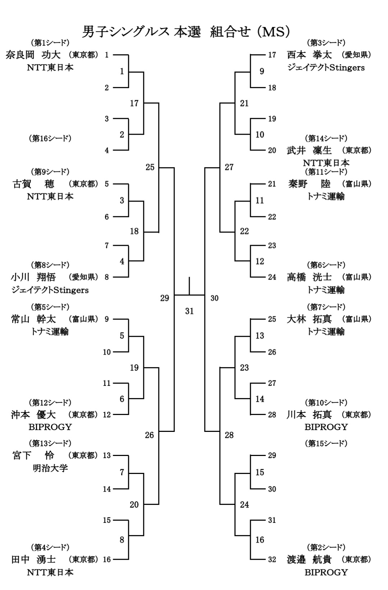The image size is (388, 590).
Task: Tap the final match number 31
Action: (189, 311)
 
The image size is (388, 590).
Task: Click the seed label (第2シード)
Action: (326, 547)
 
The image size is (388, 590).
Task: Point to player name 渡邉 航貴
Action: (309, 559)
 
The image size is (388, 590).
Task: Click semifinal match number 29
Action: (165, 298)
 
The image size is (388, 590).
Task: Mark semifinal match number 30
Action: (214, 298)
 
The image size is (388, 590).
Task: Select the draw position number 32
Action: (272, 559)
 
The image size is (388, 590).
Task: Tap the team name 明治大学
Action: (50, 468)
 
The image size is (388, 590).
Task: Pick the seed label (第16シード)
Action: (50, 138)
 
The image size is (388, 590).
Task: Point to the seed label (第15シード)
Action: (326, 443)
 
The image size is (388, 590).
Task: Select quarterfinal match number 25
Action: (150, 167)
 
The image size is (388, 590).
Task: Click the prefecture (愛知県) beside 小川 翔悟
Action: (83, 277)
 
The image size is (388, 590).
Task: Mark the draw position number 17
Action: (272, 55)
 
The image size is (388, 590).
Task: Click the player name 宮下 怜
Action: (33, 456)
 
